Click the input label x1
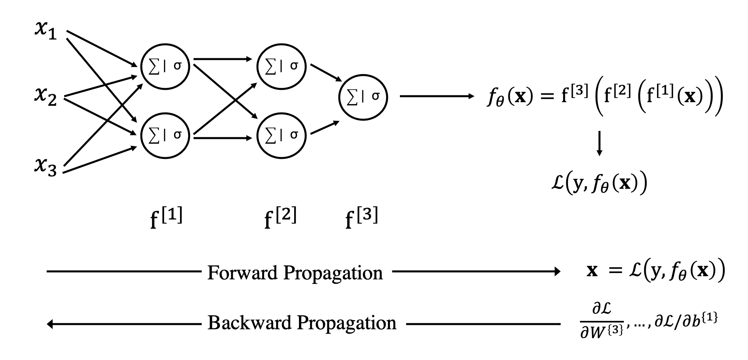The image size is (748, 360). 46,31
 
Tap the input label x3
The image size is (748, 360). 46,166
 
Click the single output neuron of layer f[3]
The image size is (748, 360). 363,97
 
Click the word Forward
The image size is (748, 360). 242,273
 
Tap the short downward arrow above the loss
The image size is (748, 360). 599,145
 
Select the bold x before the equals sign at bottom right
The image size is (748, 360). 592,271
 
